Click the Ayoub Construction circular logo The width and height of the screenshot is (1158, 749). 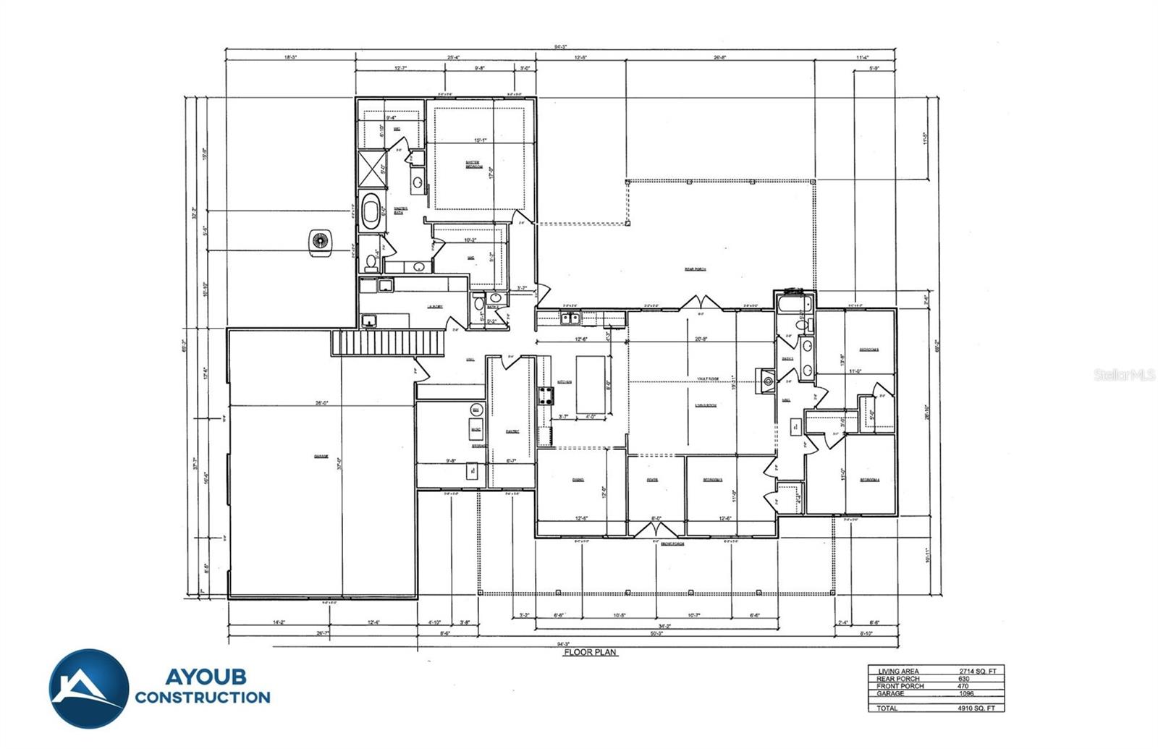[89, 688]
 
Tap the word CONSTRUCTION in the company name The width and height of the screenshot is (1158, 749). [202, 698]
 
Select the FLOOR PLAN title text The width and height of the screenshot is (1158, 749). [591, 652]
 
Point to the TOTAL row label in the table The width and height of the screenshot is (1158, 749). [887, 708]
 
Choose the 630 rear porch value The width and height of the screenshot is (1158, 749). [963, 679]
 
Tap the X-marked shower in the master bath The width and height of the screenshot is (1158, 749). [371, 171]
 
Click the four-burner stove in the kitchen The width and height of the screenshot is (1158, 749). [546, 395]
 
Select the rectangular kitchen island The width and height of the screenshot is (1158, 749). [591, 383]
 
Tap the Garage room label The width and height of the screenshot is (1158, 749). [321, 456]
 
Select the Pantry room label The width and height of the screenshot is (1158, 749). [512, 431]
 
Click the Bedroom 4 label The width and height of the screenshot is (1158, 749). [869, 480]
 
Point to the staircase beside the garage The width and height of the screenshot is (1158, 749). [388, 342]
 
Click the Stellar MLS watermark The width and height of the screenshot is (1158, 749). [1124, 375]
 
